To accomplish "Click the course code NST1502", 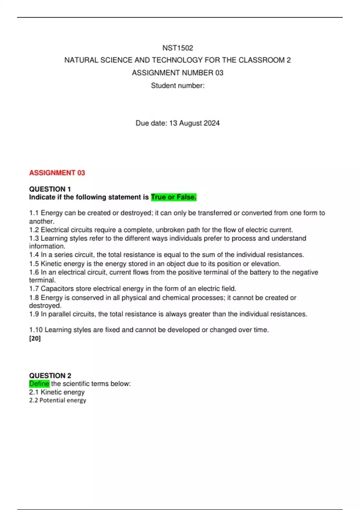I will click(x=178, y=48).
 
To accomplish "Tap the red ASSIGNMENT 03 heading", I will click(x=57, y=173).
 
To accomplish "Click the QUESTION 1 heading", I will click(x=50, y=189).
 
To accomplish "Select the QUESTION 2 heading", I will click(x=50, y=376).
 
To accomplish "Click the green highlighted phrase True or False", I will click(x=174, y=197).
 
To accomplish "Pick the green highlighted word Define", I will click(x=39, y=384).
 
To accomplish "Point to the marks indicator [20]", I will click(x=35, y=338).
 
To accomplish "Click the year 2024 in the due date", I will click(x=211, y=123).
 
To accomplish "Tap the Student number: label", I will click(x=178, y=86).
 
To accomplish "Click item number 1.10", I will click(x=36, y=330).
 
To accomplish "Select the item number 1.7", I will click(x=34, y=289).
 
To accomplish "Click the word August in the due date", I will click(x=190, y=123).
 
